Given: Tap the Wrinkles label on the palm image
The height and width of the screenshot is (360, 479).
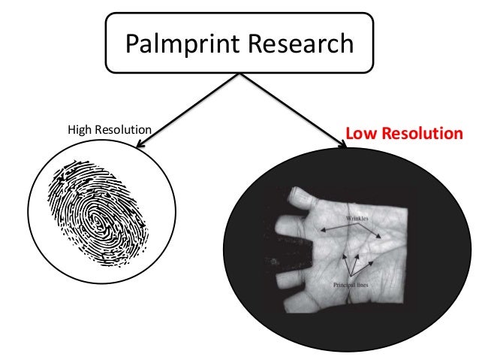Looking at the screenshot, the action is pos(358,218).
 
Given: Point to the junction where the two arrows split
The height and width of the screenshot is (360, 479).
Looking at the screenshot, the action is pos(239,74).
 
